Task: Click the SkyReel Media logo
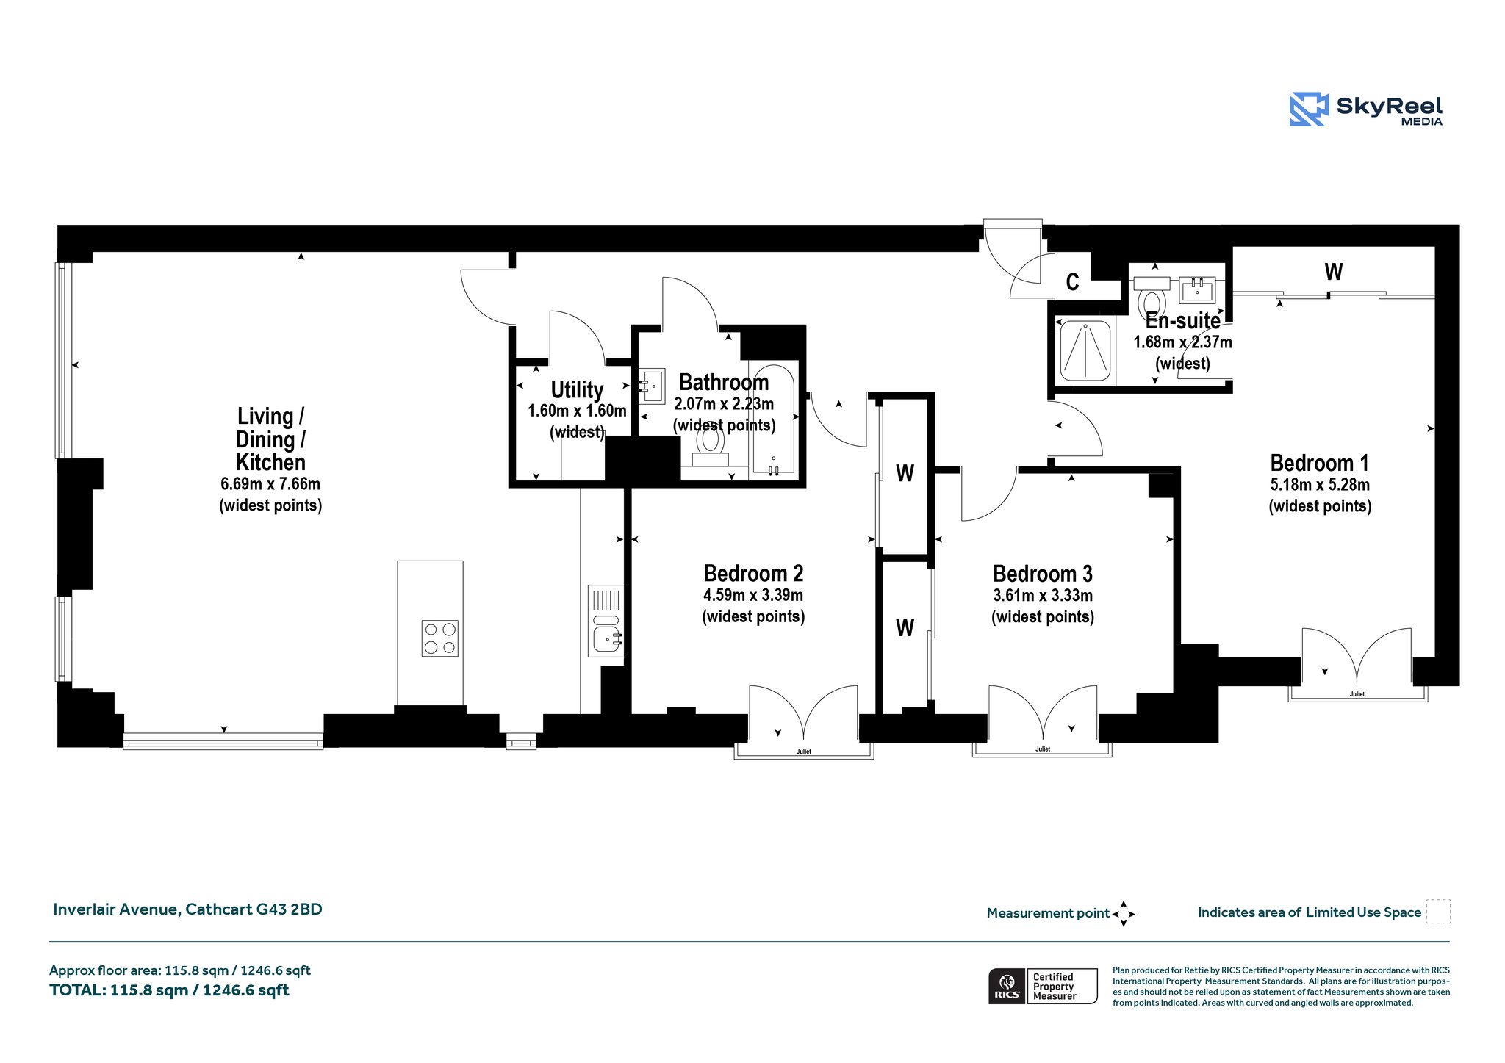tap(1366, 109)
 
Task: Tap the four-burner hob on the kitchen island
tap(439, 638)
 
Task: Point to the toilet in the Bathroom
tap(710, 446)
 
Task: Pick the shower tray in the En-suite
tap(1085, 351)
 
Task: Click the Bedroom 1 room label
tap(1319, 464)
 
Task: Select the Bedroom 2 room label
tap(753, 574)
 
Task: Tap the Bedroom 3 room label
tap(1043, 574)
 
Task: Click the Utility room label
tap(577, 390)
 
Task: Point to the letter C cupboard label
tap(1073, 282)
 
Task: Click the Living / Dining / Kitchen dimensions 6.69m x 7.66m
tap(270, 484)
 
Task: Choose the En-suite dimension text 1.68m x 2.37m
tap(1182, 342)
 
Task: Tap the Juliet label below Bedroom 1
tap(1357, 694)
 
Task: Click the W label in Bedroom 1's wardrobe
tap(1334, 273)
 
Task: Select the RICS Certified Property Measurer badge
tap(1043, 986)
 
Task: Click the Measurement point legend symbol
tap(1124, 914)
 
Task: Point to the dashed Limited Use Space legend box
tap(1438, 911)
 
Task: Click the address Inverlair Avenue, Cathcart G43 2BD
tap(187, 909)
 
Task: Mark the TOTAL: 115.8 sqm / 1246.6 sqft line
tap(169, 990)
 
